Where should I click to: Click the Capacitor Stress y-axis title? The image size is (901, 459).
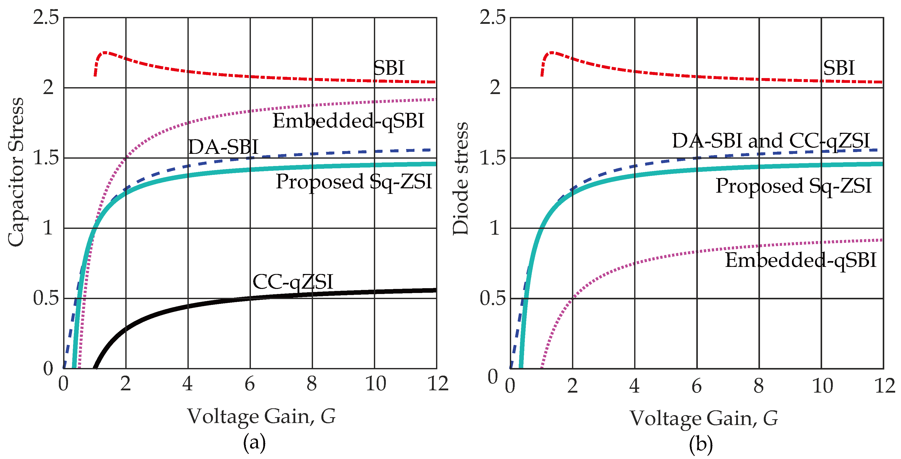tap(16, 172)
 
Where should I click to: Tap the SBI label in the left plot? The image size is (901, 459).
tap(389, 68)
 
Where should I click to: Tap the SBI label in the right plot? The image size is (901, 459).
tap(838, 68)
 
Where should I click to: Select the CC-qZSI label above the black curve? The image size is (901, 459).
tap(293, 282)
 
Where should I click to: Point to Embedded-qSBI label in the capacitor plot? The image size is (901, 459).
tap(348, 121)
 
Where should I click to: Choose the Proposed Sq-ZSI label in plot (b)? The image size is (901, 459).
tap(793, 186)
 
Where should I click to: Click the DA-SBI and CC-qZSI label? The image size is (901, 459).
tap(771, 141)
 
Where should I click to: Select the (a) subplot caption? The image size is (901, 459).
tap(254, 443)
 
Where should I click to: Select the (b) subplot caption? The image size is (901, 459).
tap(701, 444)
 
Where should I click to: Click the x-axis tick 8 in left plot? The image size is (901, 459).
tap(312, 384)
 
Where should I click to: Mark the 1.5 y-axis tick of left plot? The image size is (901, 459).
tap(45, 158)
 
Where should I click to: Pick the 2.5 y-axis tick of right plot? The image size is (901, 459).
tap(492, 17)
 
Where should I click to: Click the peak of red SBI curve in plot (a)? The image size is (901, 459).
tap(104, 52)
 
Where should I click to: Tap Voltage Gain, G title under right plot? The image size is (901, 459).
tap(704, 418)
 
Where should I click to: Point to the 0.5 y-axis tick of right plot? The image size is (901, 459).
tap(492, 299)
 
